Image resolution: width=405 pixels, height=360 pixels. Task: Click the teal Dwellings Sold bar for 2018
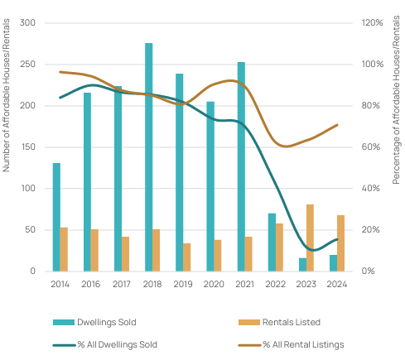(149, 157)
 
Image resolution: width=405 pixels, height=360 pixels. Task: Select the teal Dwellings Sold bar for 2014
(56, 217)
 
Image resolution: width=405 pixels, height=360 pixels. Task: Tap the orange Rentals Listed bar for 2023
(310, 238)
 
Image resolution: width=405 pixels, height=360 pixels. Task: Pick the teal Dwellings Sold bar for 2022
(272, 242)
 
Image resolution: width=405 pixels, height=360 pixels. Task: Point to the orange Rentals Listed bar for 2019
(187, 257)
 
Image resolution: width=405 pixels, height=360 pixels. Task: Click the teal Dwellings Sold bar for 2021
(241, 166)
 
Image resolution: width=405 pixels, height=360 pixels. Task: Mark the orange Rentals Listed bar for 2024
(340, 243)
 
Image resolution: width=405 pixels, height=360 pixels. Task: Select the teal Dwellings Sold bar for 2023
(302, 265)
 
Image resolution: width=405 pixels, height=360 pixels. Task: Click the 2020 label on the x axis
(214, 284)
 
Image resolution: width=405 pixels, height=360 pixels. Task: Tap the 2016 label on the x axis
(91, 284)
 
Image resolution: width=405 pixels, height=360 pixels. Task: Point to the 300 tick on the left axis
(27, 22)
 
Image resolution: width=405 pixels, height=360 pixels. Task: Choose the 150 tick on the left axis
(28, 146)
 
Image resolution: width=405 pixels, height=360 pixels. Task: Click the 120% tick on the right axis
(372, 22)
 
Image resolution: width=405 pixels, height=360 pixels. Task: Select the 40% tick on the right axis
(371, 188)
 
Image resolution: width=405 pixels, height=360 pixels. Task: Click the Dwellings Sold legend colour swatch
(64, 322)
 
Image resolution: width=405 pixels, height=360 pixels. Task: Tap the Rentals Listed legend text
(292, 322)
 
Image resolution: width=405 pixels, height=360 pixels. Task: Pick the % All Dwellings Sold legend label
(117, 344)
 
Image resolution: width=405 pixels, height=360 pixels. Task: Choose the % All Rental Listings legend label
(303, 344)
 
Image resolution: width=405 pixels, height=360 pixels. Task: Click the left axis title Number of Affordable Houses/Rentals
(6, 95)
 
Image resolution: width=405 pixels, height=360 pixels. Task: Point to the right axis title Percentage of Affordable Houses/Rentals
(396, 99)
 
